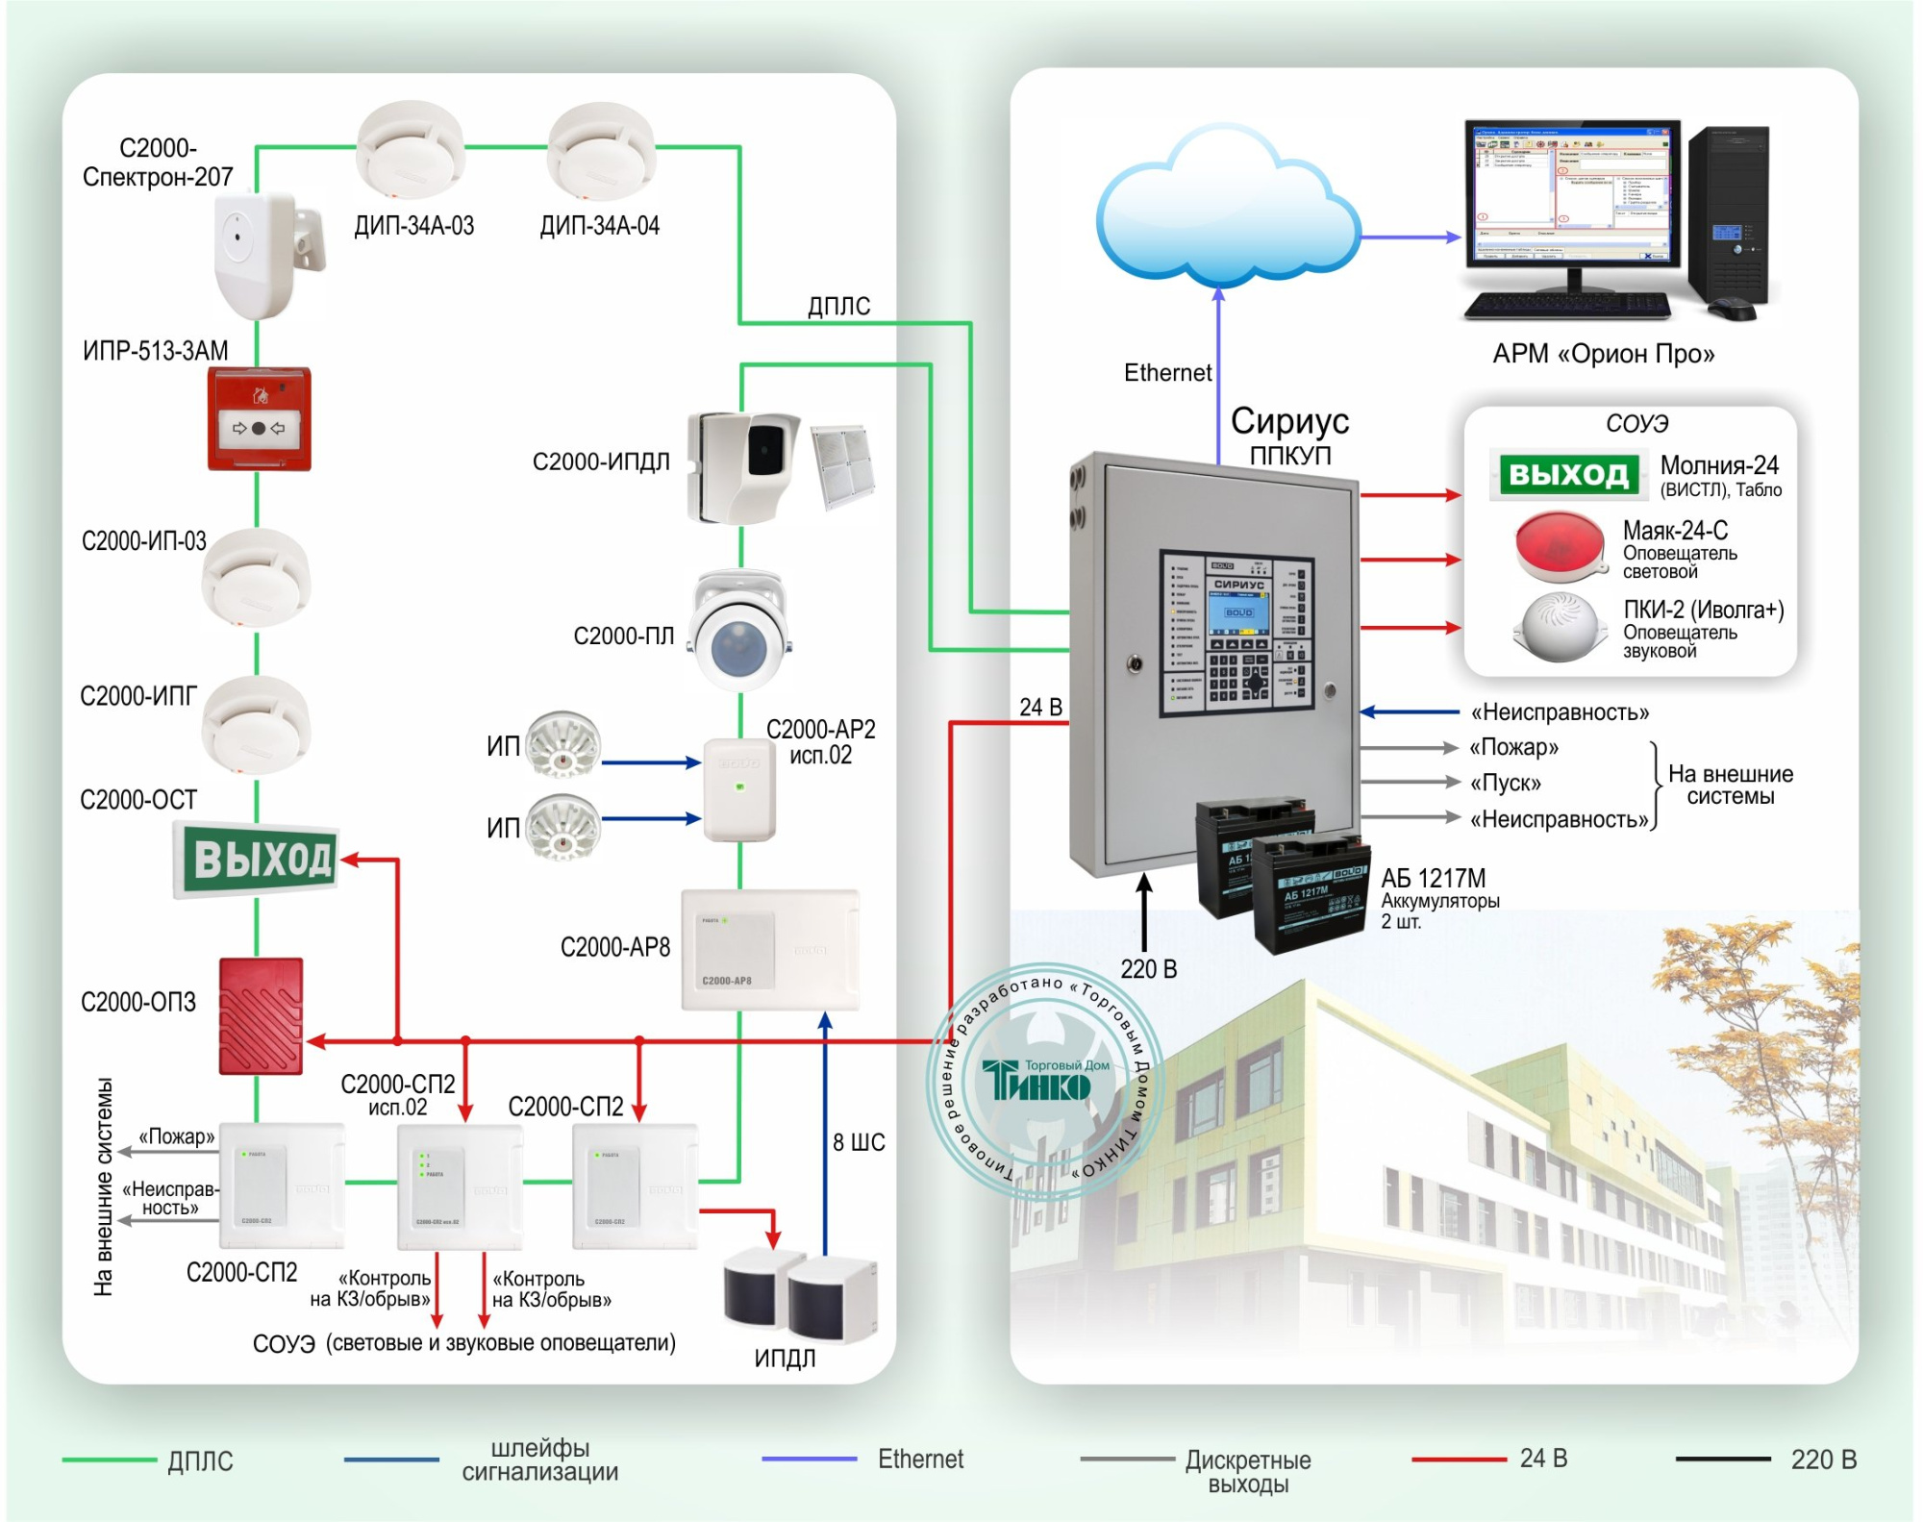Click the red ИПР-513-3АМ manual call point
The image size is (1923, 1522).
click(260, 419)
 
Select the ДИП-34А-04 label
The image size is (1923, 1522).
click(599, 226)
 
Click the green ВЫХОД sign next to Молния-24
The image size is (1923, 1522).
click(1568, 474)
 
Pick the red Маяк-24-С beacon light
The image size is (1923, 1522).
click(1560, 547)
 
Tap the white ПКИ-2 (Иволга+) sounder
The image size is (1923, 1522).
click(1560, 627)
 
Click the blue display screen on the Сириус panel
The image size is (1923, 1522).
click(1238, 611)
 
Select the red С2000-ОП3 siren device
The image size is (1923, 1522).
click(261, 1015)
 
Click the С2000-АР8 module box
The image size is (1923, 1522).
click(769, 950)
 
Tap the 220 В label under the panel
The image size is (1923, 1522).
click(1148, 969)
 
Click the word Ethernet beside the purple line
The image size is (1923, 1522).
click(1167, 373)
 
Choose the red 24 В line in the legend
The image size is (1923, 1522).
click(1459, 1459)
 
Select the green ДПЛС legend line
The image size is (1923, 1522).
click(109, 1460)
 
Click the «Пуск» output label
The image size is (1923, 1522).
click(1505, 783)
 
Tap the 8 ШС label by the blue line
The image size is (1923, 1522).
click(859, 1142)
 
